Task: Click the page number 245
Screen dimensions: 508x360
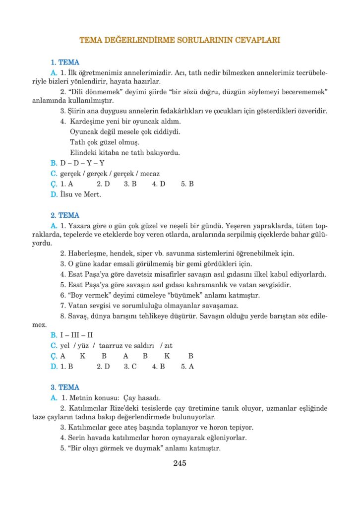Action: point(180,463)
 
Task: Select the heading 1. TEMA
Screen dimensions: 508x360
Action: point(65,63)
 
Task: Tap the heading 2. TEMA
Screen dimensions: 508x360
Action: point(65,215)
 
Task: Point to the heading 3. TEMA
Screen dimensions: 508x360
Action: point(65,387)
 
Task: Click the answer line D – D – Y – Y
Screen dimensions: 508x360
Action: point(82,163)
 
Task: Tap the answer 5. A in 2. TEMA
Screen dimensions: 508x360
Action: point(187,367)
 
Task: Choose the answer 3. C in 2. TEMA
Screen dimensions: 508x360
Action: point(130,367)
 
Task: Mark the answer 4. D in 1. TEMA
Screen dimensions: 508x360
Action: point(159,184)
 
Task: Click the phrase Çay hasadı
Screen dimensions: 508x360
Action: point(143,398)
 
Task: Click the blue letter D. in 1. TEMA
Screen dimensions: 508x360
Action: point(54,194)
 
